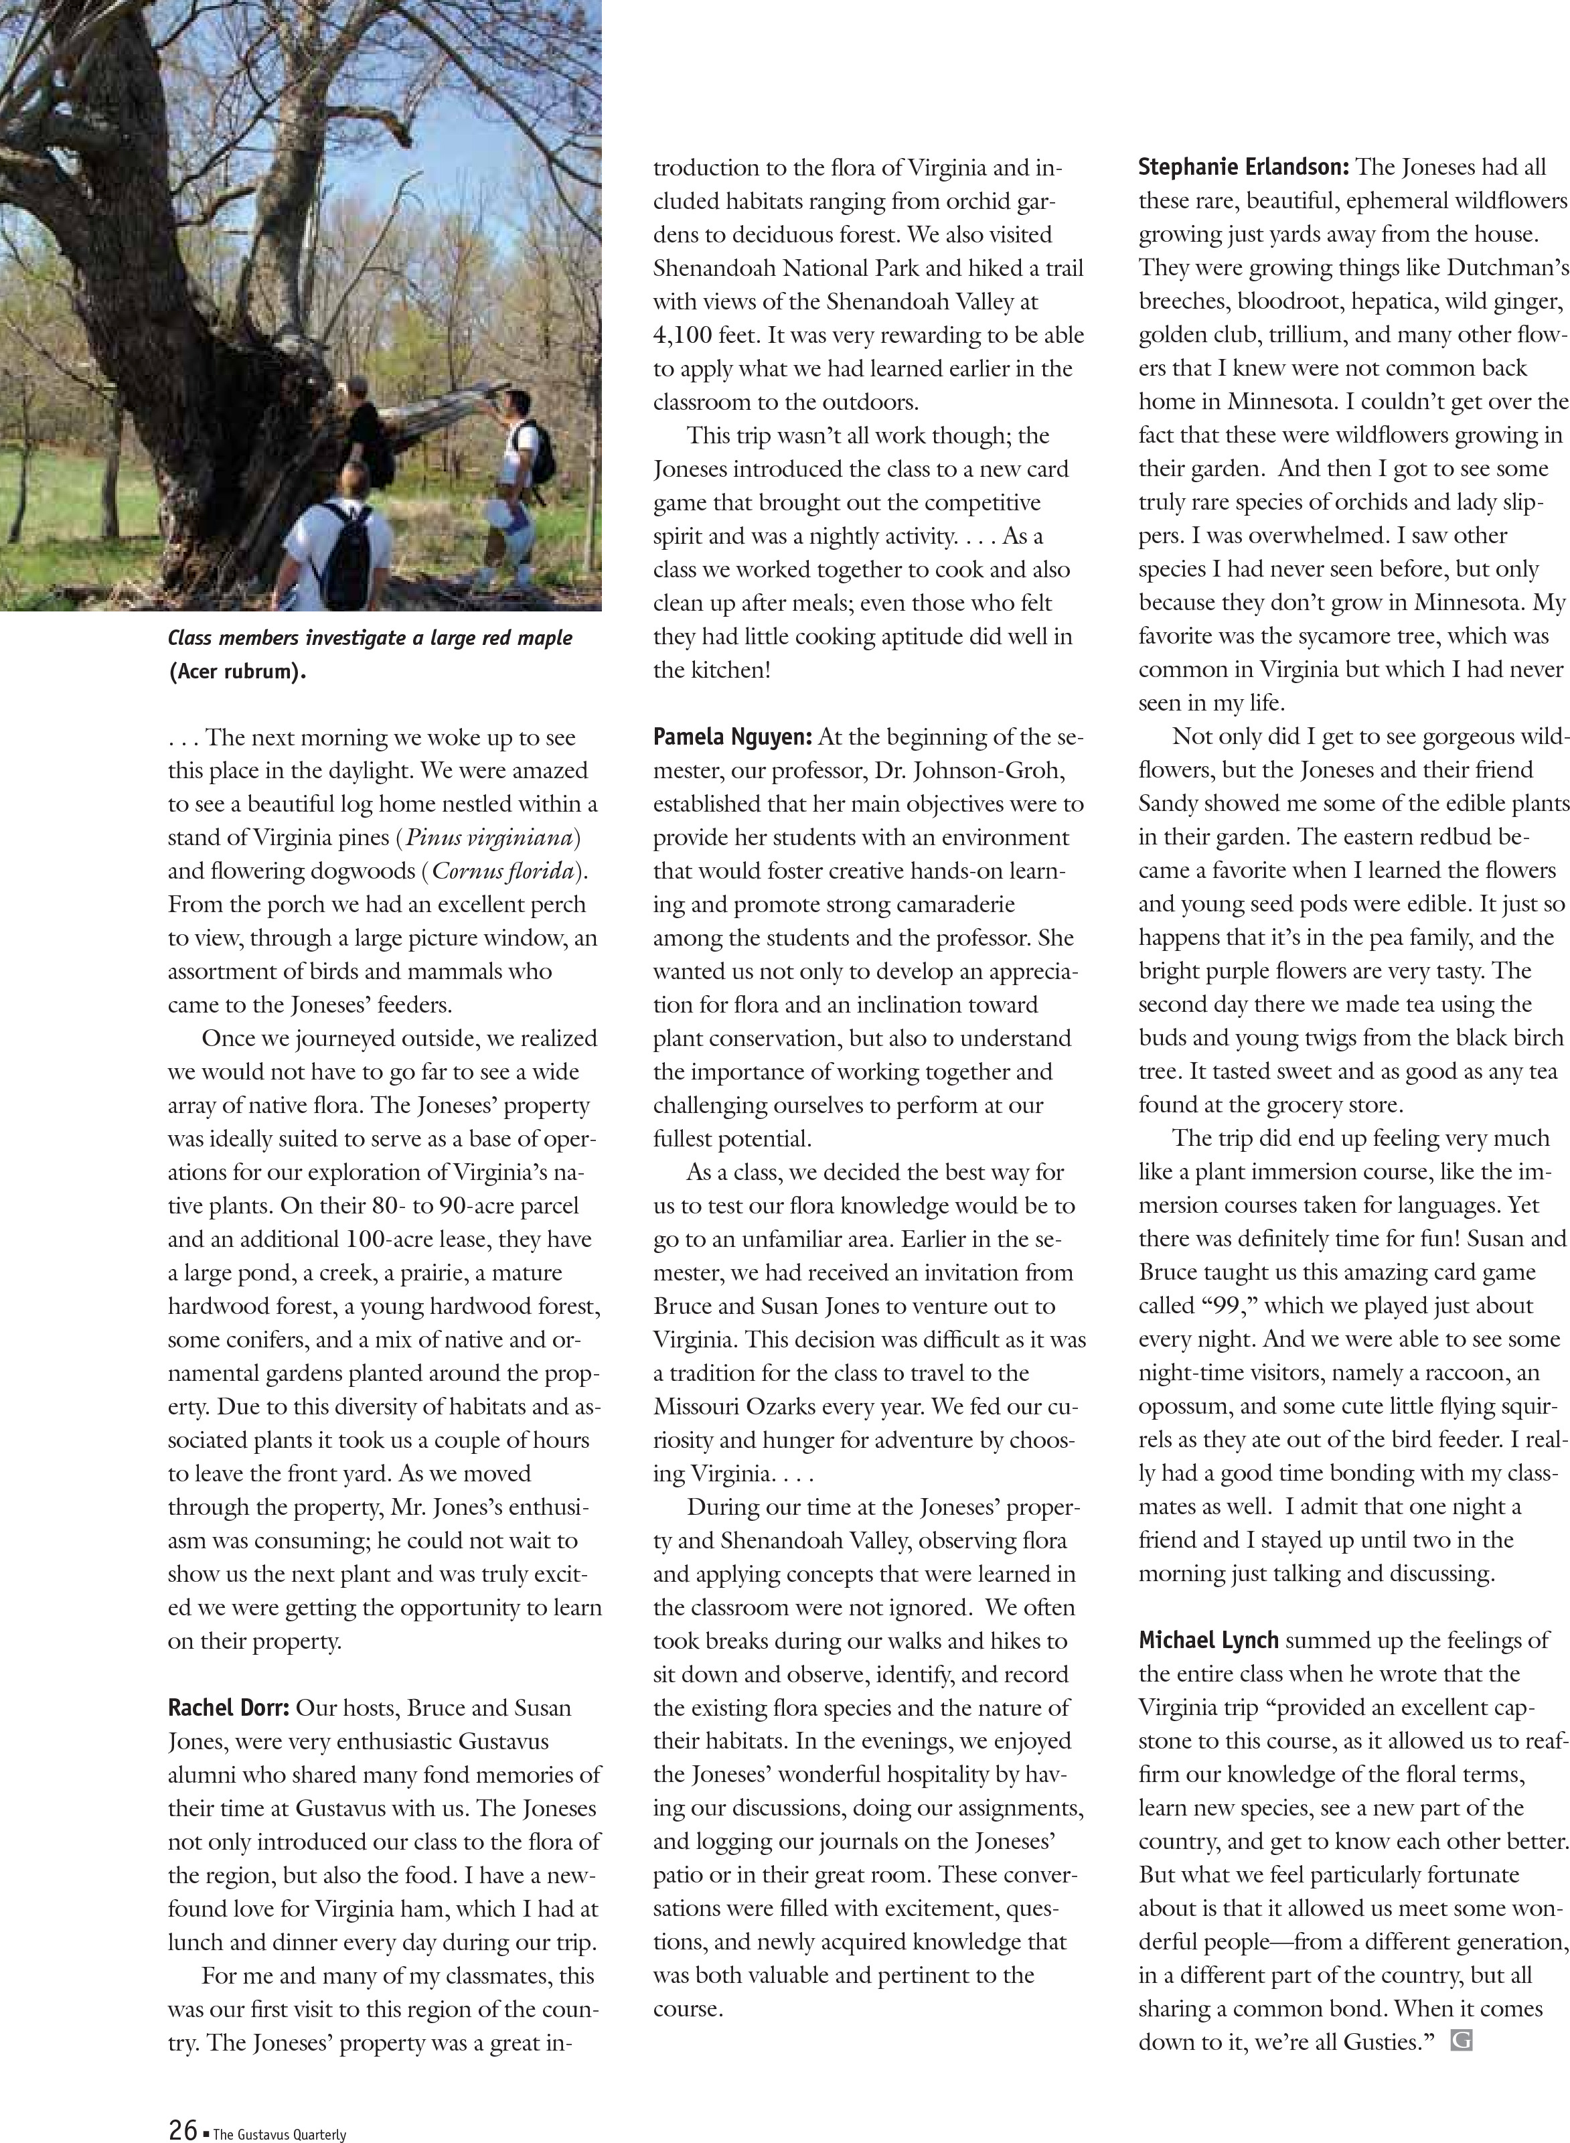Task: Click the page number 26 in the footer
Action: pyautogui.click(x=183, y=2128)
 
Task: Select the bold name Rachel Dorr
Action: pyautogui.click(x=228, y=1708)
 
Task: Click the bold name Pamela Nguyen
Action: pyautogui.click(x=732, y=737)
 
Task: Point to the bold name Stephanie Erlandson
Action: pyautogui.click(x=1243, y=167)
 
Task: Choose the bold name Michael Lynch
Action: pyautogui.click(x=1209, y=1640)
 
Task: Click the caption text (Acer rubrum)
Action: pyautogui.click(x=238, y=672)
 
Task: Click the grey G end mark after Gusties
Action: pyautogui.click(x=1462, y=2041)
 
